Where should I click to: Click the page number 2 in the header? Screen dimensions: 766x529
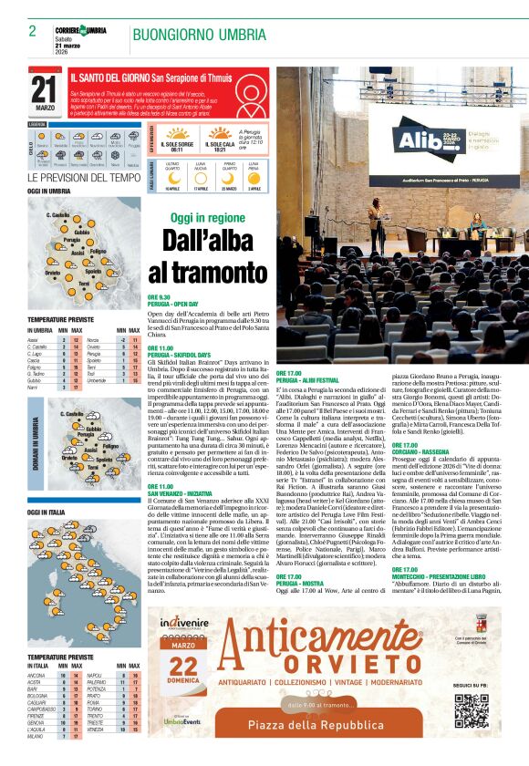tap(32, 31)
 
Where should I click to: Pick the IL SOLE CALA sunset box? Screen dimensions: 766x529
tap(221, 144)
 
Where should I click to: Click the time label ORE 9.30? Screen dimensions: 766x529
tap(159, 297)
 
